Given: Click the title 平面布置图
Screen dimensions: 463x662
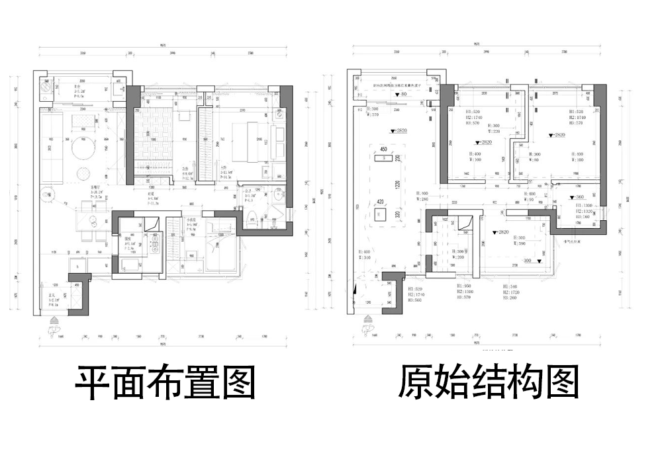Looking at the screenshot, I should pyautogui.click(x=165, y=383).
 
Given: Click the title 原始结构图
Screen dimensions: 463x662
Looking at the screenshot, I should pyautogui.click(x=489, y=383).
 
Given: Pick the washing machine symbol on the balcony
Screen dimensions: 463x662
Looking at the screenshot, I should pyautogui.click(x=47, y=87).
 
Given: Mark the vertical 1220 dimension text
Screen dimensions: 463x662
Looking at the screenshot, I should pyautogui.click(x=398, y=186).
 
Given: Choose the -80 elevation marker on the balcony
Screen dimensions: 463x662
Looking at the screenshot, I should pyautogui.click(x=402, y=95).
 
